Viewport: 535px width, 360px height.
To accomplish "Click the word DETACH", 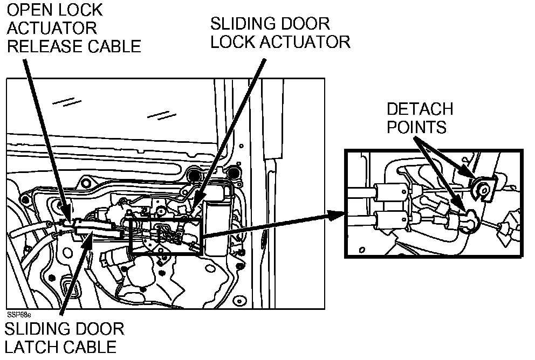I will tap(420, 109).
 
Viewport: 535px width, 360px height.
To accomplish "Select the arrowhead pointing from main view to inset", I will tap(337, 214).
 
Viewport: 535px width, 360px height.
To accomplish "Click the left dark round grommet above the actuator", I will tap(194, 175).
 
